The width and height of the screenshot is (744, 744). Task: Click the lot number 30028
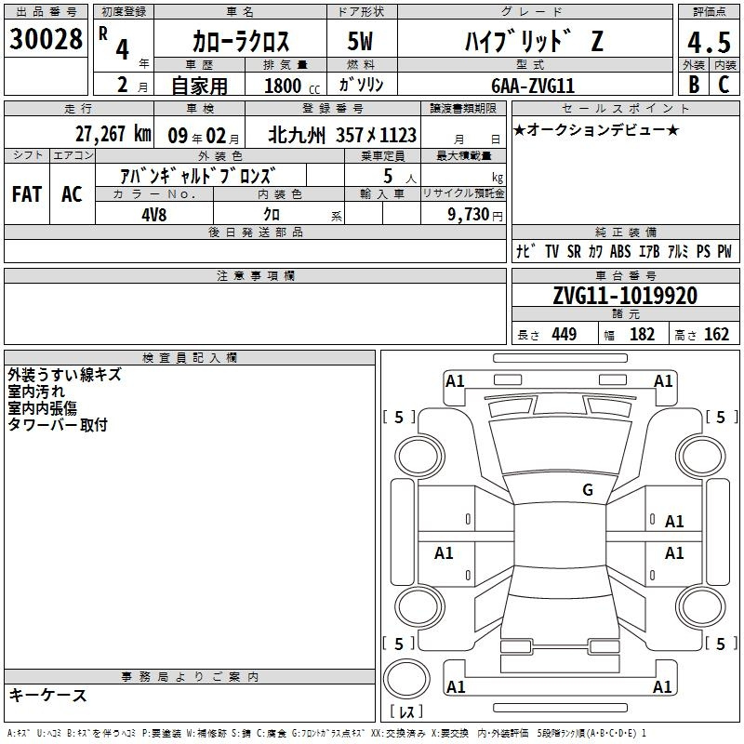(46, 40)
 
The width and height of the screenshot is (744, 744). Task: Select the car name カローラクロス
(241, 42)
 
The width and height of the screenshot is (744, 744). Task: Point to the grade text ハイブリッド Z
(526, 42)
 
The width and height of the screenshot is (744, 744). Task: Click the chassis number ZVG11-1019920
(624, 297)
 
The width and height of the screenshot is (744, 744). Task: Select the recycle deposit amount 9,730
(461, 214)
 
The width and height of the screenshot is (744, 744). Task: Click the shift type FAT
(27, 194)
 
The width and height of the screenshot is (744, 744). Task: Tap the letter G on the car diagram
(587, 490)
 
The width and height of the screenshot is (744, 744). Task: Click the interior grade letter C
(723, 84)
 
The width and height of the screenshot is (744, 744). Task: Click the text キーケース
(47, 695)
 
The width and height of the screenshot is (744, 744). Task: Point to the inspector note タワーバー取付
(58, 425)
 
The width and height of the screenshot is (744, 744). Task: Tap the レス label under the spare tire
(406, 712)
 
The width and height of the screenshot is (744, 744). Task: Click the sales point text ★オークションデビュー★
(596, 129)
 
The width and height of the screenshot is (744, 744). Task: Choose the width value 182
(642, 335)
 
